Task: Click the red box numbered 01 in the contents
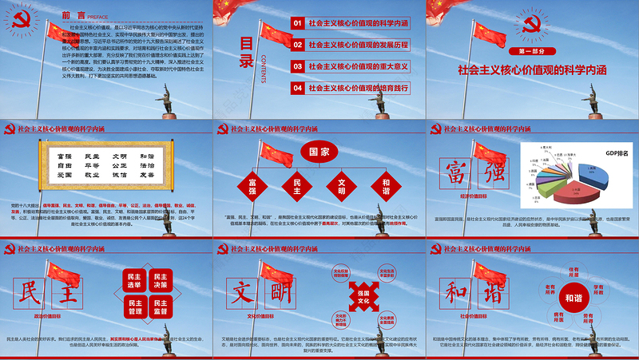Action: [x=298, y=24]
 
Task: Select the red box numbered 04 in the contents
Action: [x=298, y=87]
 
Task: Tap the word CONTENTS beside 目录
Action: [x=264, y=57]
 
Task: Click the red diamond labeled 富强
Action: [x=252, y=186]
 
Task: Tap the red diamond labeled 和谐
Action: [x=386, y=186]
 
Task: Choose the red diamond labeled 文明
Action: [x=342, y=186]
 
